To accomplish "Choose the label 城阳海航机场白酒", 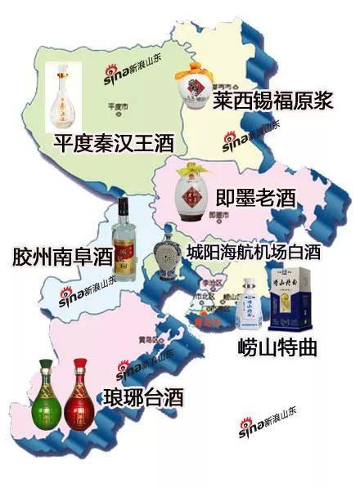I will point(263,250).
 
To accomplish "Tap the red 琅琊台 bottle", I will point(79,396).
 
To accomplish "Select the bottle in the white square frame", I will point(68,97).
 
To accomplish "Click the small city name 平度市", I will point(119,106).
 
